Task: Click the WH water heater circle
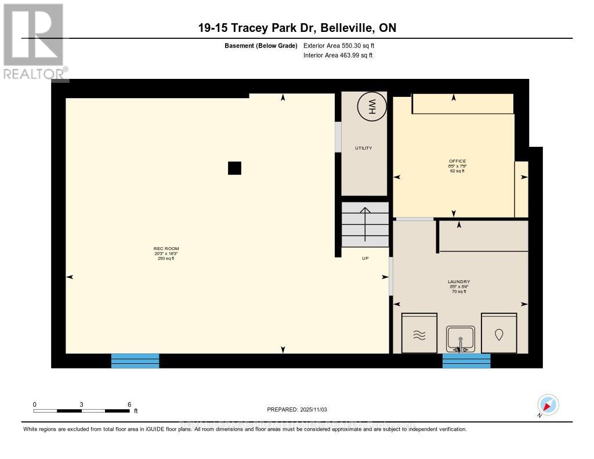pyautogui.click(x=371, y=107)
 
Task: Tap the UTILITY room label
pyautogui.click(x=364, y=148)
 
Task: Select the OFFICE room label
pyautogui.click(x=457, y=161)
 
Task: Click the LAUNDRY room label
pyautogui.click(x=458, y=281)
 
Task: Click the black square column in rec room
pyautogui.click(x=234, y=168)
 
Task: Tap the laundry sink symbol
pyautogui.click(x=461, y=338)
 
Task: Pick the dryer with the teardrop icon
pyautogui.click(x=499, y=334)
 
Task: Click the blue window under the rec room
pyautogui.click(x=135, y=360)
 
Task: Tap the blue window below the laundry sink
pyautogui.click(x=466, y=360)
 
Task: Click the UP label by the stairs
pyautogui.click(x=365, y=258)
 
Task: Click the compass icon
pyautogui.click(x=548, y=405)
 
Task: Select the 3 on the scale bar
pyautogui.click(x=82, y=404)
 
